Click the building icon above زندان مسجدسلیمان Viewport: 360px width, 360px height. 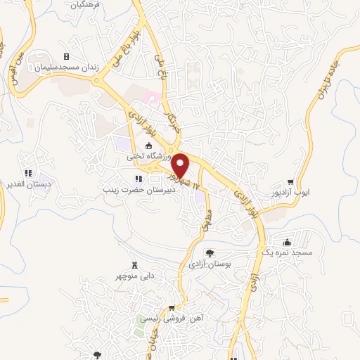[66, 57]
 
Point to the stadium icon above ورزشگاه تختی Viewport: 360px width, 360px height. [139, 146]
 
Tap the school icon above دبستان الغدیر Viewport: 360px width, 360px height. [29, 173]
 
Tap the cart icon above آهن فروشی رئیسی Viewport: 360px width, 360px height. [172, 307]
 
